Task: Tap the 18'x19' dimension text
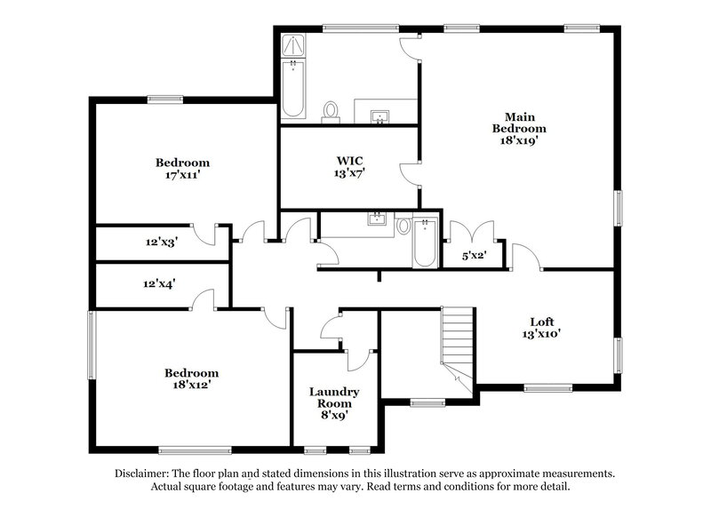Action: tap(520, 139)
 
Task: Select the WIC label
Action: tap(349, 161)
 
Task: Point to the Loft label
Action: tap(542, 322)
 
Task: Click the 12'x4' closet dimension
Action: tap(160, 284)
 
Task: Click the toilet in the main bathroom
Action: tap(331, 111)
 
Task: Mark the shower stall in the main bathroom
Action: tap(293, 45)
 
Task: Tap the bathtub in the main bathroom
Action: tap(293, 91)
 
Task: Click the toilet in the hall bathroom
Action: tap(403, 226)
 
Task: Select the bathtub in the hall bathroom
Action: tap(426, 241)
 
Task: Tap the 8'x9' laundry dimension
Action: tap(334, 413)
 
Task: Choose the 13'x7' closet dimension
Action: tap(349, 173)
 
